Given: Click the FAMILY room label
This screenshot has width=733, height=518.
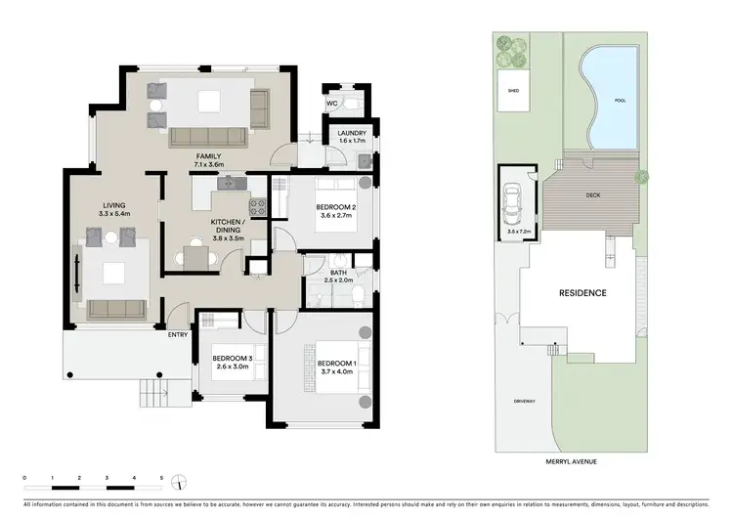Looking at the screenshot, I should pyautogui.click(x=209, y=155).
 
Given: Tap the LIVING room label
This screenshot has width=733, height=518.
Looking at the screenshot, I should pyautogui.click(x=114, y=203).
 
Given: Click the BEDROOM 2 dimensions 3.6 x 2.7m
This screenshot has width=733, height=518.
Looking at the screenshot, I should pyautogui.click(x=334, y=217).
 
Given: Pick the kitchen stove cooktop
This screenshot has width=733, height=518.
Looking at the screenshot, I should pyautogui.click(x=258, y=206).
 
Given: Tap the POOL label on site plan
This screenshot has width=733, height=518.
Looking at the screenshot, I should pyautogui.click(x=619, y=101).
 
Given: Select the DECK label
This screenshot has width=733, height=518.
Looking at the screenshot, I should pyautogui.click(x=592, y=194).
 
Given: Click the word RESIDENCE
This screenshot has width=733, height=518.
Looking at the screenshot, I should pyautogui.click(x=582, y=293).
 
